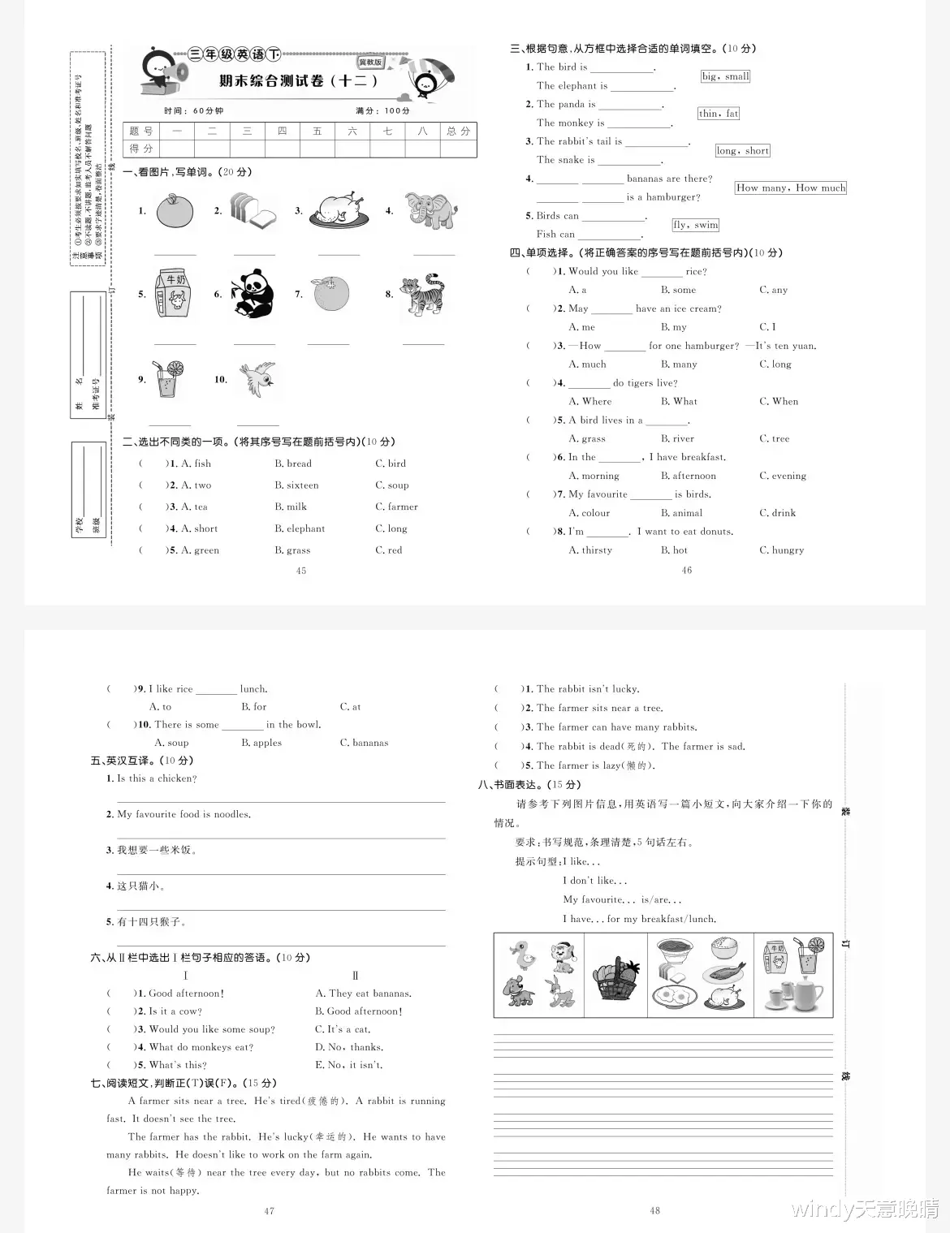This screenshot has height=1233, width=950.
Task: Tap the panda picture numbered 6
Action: tap(253, 294)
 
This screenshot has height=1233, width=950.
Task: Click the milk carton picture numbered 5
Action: tap(172, 295)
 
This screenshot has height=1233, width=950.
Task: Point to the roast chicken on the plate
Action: tap(339, 211)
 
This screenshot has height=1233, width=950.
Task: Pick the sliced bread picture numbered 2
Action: tap(253, 211)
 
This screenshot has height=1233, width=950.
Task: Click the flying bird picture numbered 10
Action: tap(257, 378)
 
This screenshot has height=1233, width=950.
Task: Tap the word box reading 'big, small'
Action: tap(725, 76)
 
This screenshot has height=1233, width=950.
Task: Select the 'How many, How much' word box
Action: tap(790, 188)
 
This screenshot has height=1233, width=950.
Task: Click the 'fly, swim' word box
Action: tap(695, 225)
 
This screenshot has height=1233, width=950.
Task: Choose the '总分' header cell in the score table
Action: tap(459, 131)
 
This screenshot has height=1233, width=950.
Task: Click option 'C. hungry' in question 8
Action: tap(781, 550)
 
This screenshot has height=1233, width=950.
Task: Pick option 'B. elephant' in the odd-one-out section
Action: tap(300, 528)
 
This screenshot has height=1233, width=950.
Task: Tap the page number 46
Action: tap(687, 571)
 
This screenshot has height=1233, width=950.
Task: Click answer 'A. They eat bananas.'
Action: tap(363, 994)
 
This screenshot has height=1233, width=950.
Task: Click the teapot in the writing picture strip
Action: tap(802, 992)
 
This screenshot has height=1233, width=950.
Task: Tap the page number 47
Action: tap(270, 1211)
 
